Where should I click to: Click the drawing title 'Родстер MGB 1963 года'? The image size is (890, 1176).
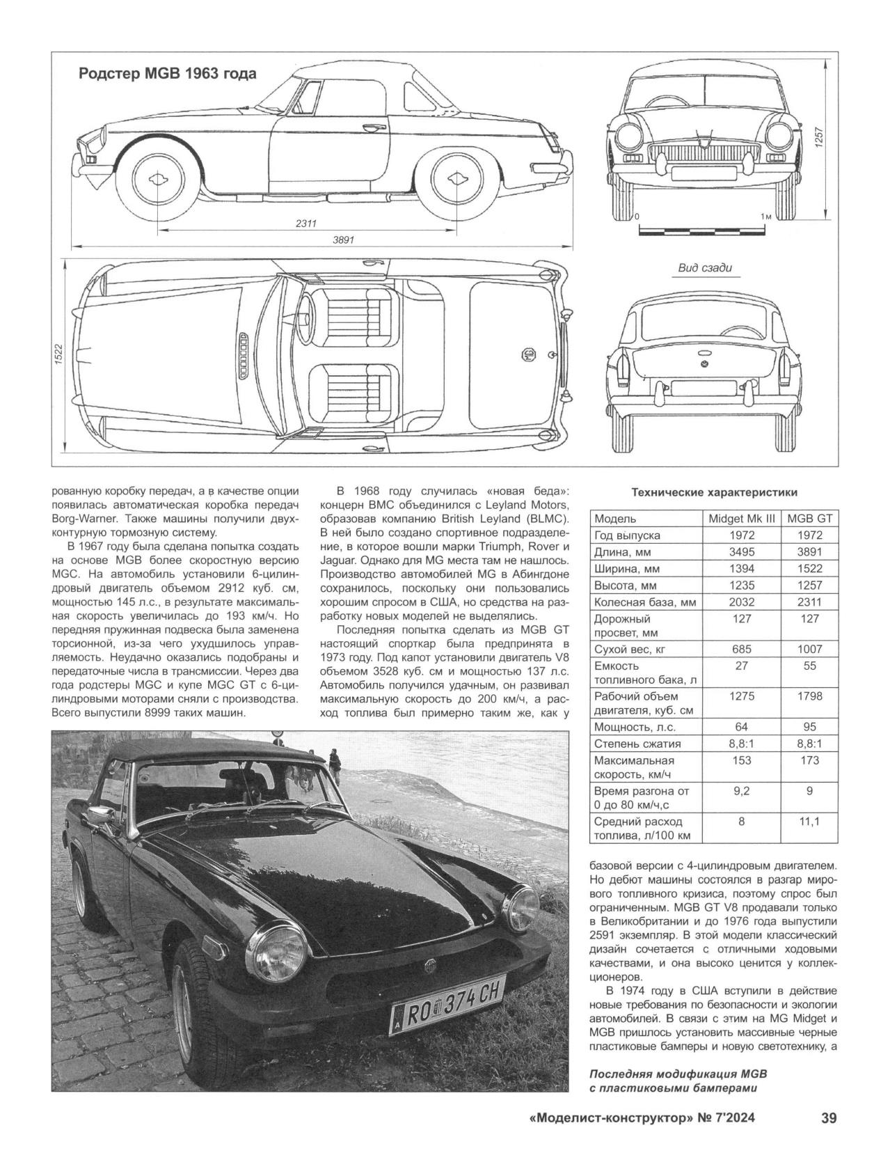coord(166,73)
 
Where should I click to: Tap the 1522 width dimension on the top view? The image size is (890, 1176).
coord(59,355)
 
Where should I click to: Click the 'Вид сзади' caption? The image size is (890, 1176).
coord(704,268)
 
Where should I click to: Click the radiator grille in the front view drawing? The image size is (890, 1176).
coord(706,152)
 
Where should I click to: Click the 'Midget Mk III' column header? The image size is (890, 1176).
coord(741,519)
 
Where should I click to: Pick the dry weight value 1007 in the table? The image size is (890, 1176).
coord(809,649)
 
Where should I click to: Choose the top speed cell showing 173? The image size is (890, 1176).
coord(809,760)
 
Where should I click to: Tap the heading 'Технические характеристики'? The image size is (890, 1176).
coord(713,492)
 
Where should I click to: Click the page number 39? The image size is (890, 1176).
coord(828,1118)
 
